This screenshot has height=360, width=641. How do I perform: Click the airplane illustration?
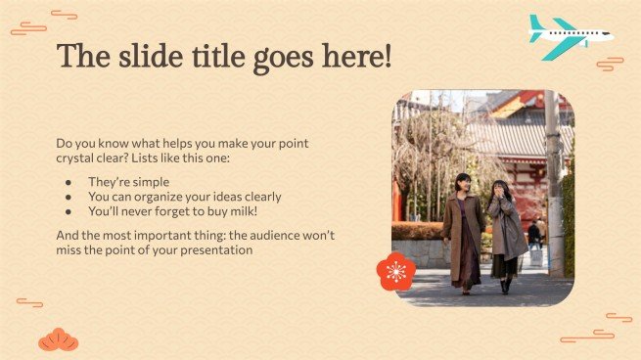tap(569, 36)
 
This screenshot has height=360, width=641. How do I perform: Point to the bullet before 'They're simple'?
tap(69, 182)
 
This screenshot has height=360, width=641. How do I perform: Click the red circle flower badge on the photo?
tap(395, 271)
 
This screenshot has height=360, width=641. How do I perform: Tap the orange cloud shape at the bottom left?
tap(58, 339)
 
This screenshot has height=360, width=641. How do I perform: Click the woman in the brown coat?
tap(463, 234)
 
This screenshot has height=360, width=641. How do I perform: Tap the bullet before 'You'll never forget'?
tap(69, 210)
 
